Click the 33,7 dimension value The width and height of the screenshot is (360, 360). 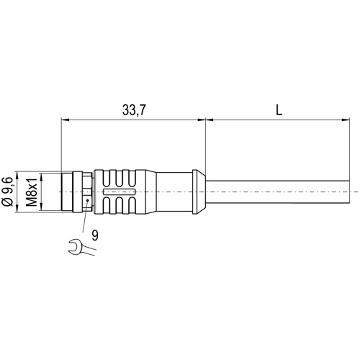click(134, 109)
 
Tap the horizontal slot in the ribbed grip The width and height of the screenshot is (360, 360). click(120, 192)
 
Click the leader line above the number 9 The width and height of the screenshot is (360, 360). click(91, 215)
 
